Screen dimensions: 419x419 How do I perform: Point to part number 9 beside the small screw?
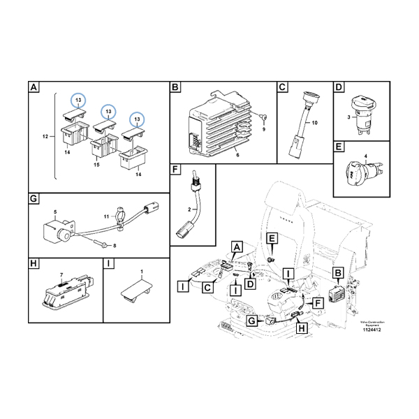[x=264, y=129]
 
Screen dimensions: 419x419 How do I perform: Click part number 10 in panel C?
[x=314, y=123]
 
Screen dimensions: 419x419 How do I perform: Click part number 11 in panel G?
[x=106, y=218]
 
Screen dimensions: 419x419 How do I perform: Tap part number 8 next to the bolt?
[x=115, y=244]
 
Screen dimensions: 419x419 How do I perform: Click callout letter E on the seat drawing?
[x=272, y=240]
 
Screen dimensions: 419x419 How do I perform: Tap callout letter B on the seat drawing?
[x=339, y=273]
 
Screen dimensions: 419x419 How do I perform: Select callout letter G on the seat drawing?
[x=251, y=321]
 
